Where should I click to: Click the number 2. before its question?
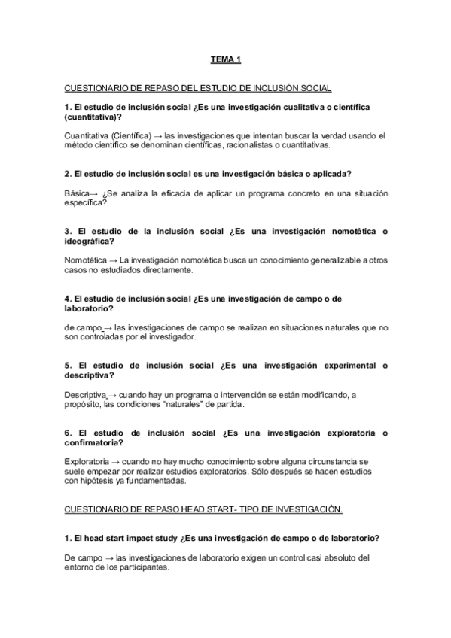69,173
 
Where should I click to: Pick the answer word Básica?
77,193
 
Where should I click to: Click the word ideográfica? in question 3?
90,241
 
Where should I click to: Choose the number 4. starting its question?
69,299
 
